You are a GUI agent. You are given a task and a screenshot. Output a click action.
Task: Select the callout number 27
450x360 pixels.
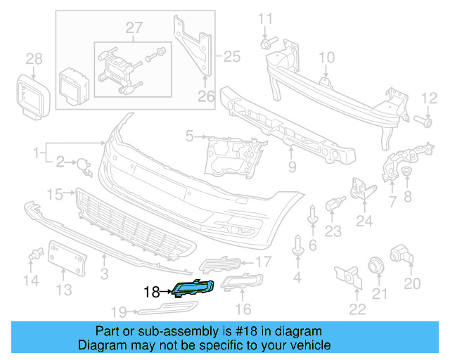pos(134,28)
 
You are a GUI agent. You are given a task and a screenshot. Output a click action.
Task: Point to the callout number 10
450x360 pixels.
pos(327,56)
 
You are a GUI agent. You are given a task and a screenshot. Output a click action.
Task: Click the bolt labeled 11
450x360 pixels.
pos(266,44)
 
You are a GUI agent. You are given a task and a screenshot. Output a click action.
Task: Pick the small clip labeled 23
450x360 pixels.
pos(333,205)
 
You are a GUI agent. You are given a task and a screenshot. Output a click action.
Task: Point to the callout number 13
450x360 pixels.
pos(64,289)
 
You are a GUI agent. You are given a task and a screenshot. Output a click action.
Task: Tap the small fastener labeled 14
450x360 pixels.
pos(32,257)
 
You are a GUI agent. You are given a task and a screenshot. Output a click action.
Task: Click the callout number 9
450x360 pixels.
pos(292,167)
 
